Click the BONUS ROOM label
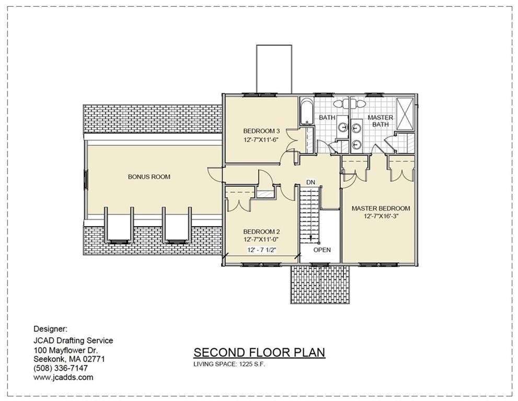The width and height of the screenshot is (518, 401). click(x=149, y=177)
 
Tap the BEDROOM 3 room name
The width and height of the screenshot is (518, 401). click(x=261, y=131)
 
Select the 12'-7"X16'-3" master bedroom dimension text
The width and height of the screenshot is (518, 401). click(x=381, y=216)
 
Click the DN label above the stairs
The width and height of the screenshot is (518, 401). click(x=310, y=182)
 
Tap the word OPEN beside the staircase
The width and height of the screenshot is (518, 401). click(x=322, y=250)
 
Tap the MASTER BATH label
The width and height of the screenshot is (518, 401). click(x=380, y=121)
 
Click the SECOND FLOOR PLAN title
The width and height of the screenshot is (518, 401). click(x=259, y=352)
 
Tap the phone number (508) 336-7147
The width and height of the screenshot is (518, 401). click(x=61, y=368)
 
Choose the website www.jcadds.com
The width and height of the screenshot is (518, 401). click(x=63, y=377)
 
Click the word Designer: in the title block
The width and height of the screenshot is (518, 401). click(x=50, y=329)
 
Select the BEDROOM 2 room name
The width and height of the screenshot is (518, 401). click(x=261, y=231)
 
